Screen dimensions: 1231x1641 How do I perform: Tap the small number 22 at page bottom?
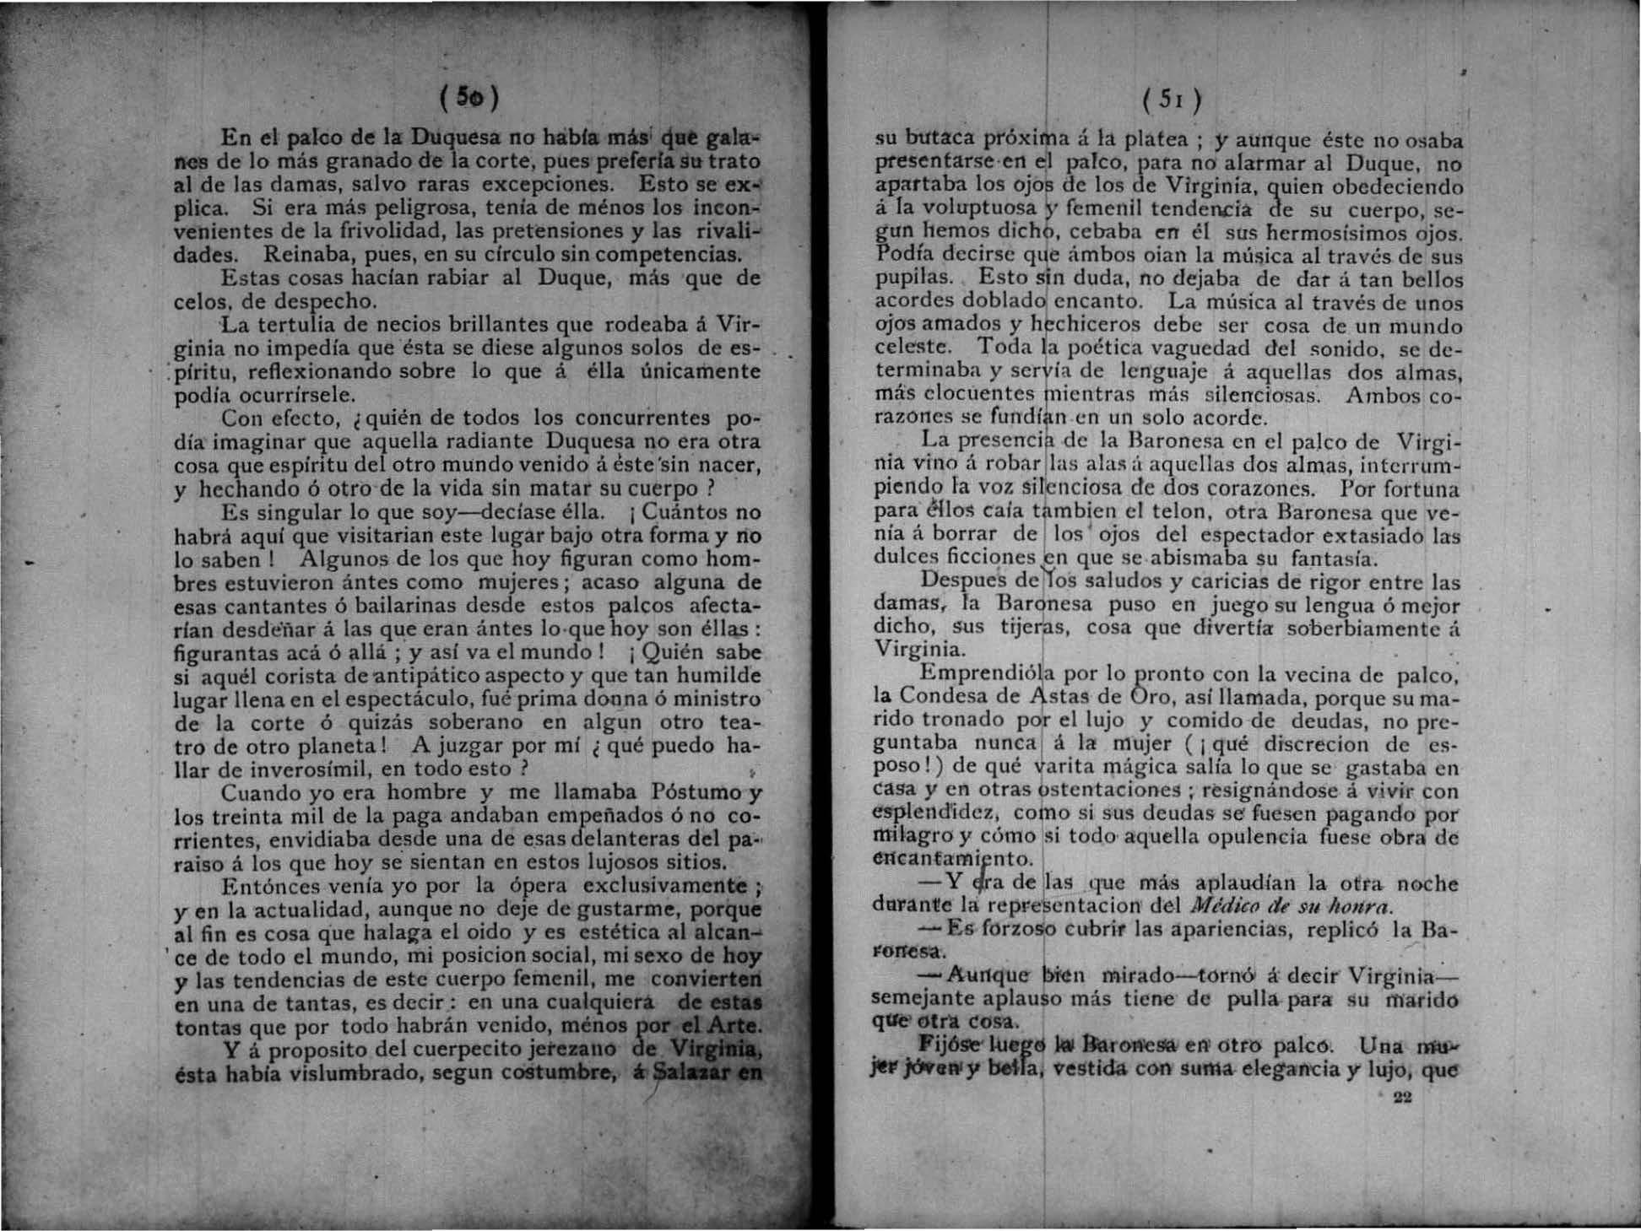click(1403, 1097)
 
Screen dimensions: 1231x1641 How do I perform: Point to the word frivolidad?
click(362, 230)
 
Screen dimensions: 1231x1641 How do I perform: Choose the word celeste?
click(914, 348)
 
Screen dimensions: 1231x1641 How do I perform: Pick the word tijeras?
click(1038, 629)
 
